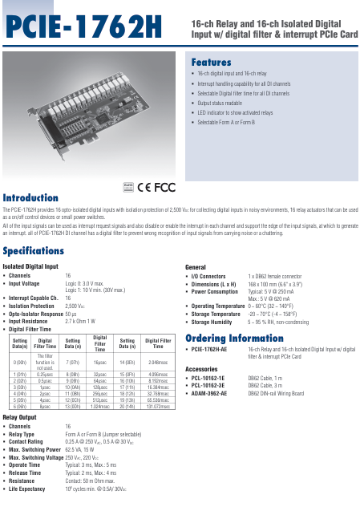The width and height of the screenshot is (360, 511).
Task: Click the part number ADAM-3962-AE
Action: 209,394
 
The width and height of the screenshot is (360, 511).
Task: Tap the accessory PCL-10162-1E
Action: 208,378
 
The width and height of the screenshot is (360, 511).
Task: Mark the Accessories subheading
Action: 204,368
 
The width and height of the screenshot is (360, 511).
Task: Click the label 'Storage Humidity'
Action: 216,321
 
